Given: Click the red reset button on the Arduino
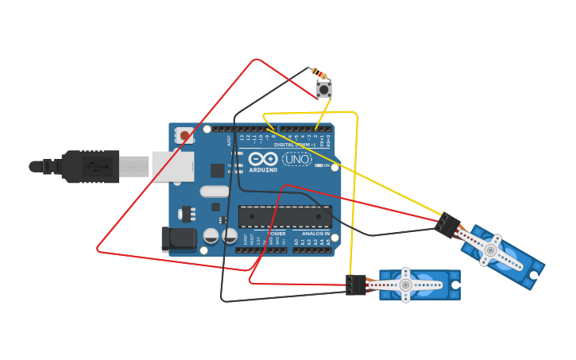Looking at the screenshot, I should click(x=185, y=136).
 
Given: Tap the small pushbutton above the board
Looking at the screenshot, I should click(x=324, y=88).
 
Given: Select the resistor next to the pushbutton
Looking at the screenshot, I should click(x=319, y=73).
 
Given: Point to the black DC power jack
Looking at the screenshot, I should click(x=178, y=239).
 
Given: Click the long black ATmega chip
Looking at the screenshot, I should click(x=285, y=216).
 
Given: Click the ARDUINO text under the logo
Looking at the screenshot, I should click(x=263, y=170).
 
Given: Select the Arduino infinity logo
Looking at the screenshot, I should click(x=262, y=160).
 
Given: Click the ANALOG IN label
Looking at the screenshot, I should click(x=315, y=234).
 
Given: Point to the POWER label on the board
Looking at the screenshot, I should click(x=276, y=234).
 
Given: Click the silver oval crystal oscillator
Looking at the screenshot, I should click(x=215, y=191).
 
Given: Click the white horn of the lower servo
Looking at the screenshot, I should click(x=405, y=285).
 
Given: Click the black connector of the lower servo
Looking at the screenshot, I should click(x=356, y=285).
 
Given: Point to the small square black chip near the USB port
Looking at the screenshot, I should click(x=217, y=170).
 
